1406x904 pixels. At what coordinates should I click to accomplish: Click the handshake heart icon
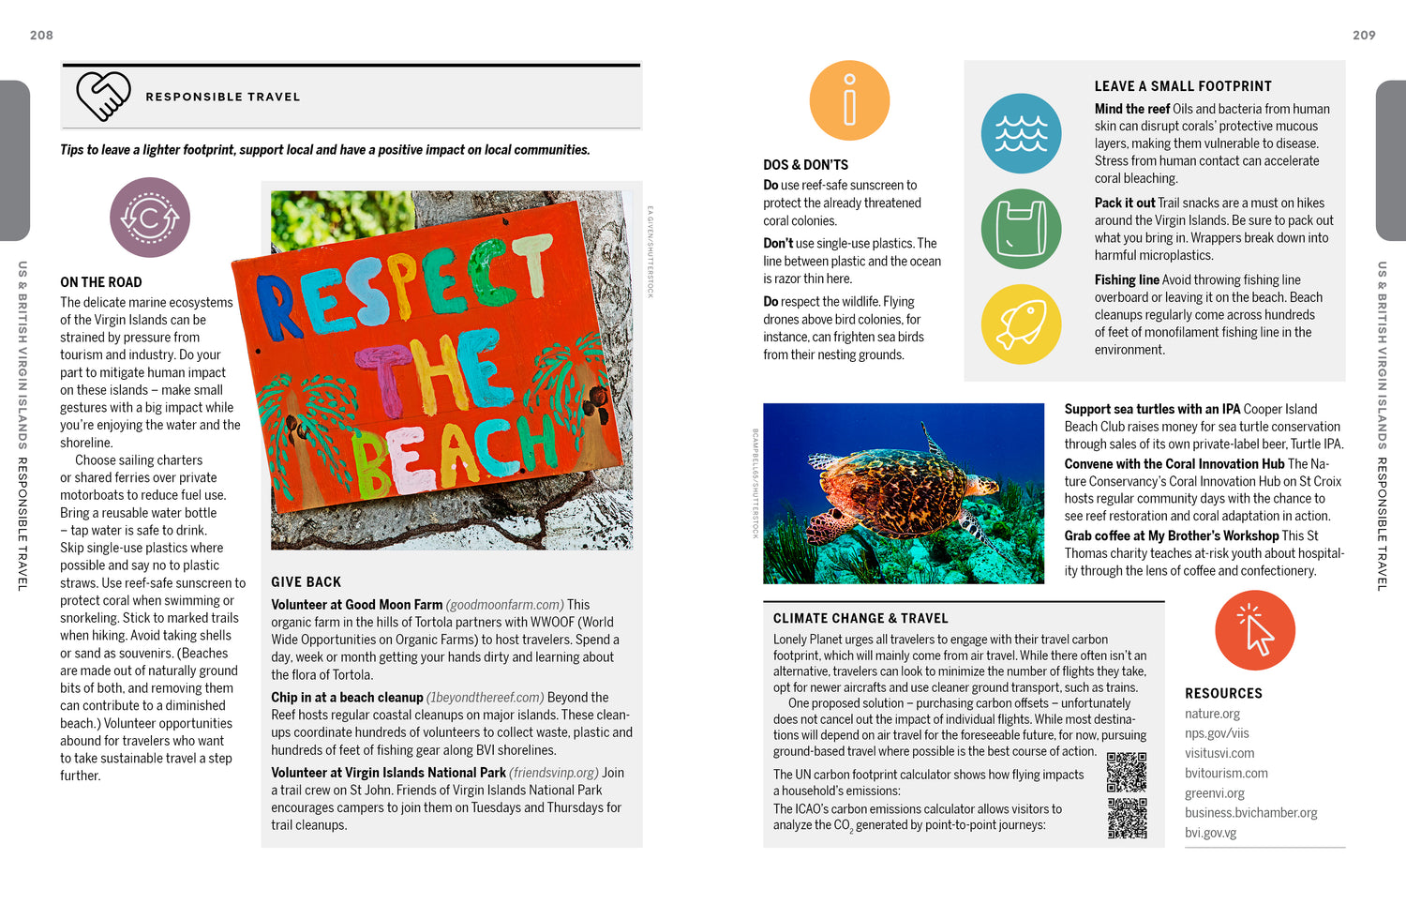103,96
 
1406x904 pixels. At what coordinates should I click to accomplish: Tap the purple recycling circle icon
150,218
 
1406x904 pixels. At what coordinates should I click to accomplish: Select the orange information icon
849,100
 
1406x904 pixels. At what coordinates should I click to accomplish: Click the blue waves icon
1021,133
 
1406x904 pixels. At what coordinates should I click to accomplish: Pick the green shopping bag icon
1021,229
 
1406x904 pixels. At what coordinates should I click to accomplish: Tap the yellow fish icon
1021,324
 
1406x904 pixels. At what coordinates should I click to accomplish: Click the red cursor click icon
1254,630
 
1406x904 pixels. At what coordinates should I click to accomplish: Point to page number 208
41,35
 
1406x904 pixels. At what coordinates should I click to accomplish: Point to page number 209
1364,35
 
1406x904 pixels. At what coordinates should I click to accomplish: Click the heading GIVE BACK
307,581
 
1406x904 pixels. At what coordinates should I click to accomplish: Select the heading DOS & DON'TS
805,164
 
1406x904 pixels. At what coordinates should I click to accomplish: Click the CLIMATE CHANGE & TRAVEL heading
860,618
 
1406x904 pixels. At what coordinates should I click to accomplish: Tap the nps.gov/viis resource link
1217,733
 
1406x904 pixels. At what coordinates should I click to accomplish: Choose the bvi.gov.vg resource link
1210,833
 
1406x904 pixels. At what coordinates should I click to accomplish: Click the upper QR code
1126,773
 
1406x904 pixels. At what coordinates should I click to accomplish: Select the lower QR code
1126,818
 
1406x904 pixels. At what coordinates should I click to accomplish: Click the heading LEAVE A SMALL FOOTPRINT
1183,86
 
